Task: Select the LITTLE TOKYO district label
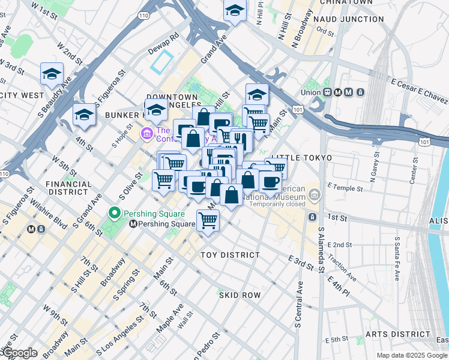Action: (x=301, y=158)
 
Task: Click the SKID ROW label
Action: (x=240, y=295)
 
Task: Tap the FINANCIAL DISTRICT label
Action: (x=68, y=188)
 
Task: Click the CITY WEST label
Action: (x=22, y=95)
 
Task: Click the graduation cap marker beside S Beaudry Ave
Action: (x=52, y=74)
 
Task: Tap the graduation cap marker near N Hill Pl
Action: (x=235, y=10)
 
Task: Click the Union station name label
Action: (x=311, y=92)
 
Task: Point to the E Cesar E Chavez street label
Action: (x=418, y=92)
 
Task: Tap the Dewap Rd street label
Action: (x=165, y=41)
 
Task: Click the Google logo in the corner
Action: (x=19, y=353)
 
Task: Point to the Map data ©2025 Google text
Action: (x=411, y=355)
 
